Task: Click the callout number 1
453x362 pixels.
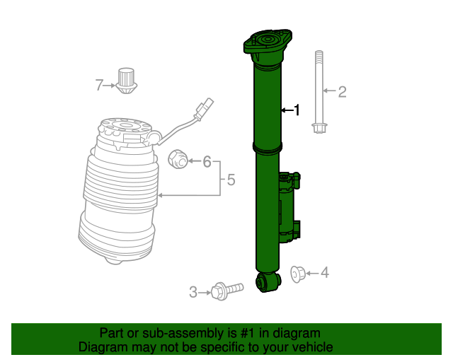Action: (297, 110)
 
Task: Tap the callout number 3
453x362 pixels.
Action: (193, 291)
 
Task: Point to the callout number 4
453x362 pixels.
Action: (324, 272)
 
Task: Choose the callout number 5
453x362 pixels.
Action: (231, 181)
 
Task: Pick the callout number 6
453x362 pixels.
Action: (207, 162)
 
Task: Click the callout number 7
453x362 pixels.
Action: (99, 86)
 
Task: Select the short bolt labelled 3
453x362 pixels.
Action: (226, 289)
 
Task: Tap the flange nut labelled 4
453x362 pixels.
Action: (298, 273)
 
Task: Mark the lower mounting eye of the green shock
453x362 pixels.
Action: (268, 282)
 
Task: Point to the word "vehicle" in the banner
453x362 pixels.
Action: (309, 347)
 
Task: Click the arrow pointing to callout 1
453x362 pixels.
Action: (285, 110)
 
